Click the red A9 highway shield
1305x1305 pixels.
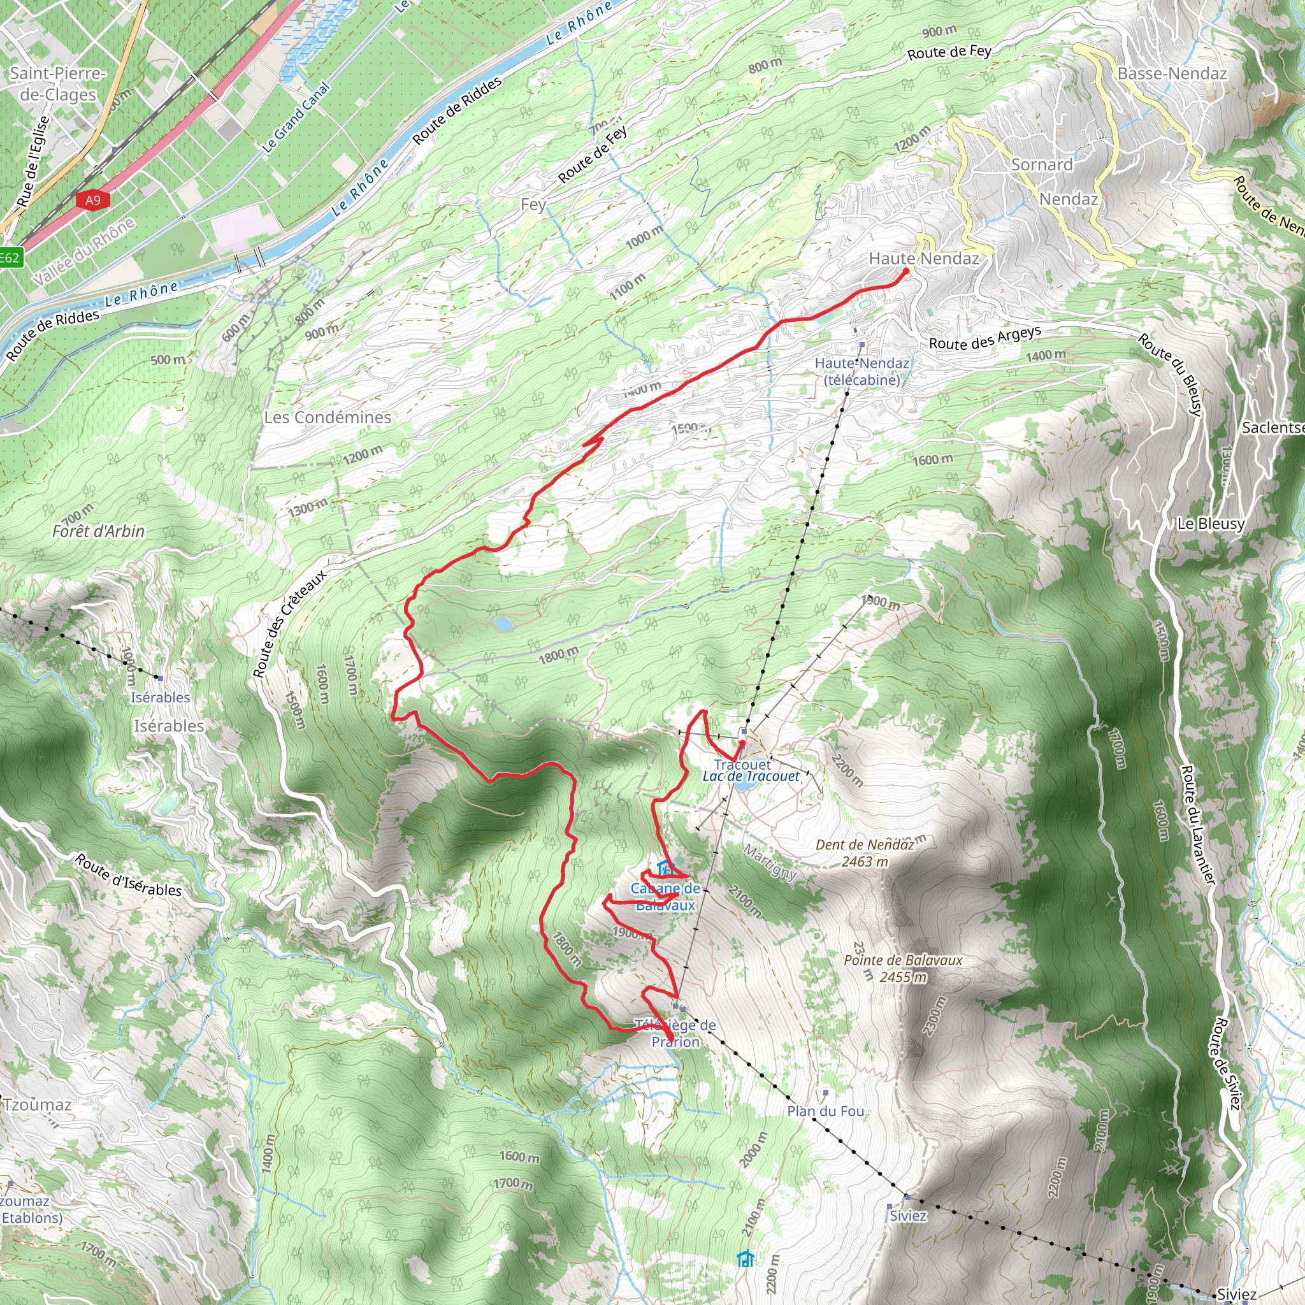click(92, 200)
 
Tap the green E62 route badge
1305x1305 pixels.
click(10, 257)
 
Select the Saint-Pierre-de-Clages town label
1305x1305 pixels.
click(57, 83)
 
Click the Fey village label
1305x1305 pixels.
click(533, 205)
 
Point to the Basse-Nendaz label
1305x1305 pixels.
click(1172, 74)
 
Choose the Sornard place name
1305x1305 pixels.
click(1042, 165)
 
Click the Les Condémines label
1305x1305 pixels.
click(328, 417)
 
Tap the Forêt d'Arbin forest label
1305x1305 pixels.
click(99, 531)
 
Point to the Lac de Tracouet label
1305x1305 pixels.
click(751, 777)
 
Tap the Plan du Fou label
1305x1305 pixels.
click(825, 1111)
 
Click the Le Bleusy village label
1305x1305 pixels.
click(1211, 524)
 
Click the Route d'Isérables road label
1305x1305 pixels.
click(128, 876)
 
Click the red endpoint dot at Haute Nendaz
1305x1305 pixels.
click(907, 271)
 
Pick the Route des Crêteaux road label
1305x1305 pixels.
click(289, 623)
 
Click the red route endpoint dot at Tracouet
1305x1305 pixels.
click(742, 744)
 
